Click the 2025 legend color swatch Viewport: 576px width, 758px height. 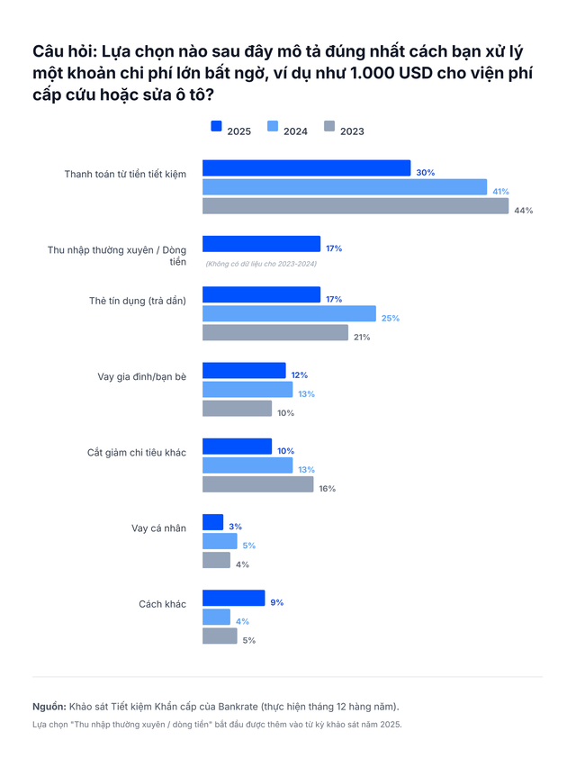pyautogui.click(x=216, y=127)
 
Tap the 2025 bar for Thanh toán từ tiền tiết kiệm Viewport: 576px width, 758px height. pyautogui.click(x=306, y=168)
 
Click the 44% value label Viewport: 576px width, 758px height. pyautogui.click(x=524, y=211)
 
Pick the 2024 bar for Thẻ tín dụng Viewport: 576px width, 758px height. pyautogui.click(x=289, y=313)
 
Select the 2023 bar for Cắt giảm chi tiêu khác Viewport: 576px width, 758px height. pyautogui.click(x=257, y=484)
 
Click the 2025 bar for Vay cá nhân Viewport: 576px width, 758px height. pyautogui.click(x=212, y=522)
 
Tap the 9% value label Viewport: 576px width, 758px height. pyautogui.click(x=276, y=602)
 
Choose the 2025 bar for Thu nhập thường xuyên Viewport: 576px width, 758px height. pyautogui.click(x=261, y=244)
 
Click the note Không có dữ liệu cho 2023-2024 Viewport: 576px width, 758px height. pyautogui.click(x=261, y=264)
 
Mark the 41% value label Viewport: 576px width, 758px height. pyautogui.click(x=500, y=191)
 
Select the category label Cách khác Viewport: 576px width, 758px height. pyautogui.click(x=162, y=603)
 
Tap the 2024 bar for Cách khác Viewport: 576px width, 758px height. pyautogui.click(x=216, y=617)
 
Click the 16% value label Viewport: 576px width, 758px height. pyautogui.click(x=328, y=489)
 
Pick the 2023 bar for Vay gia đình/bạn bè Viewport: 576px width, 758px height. pyautogui.click(x=237, y=409)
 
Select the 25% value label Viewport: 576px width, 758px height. pyautogui.click(x=390, y=318)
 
